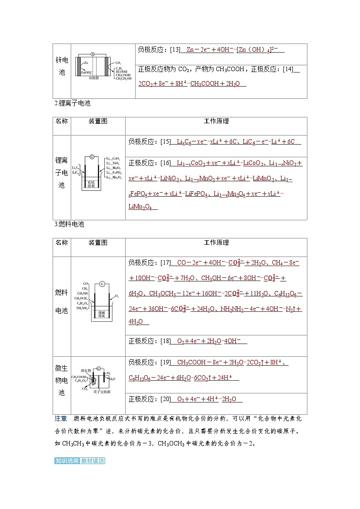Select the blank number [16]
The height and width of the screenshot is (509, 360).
[x=165, y=163]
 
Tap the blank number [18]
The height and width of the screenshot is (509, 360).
[x=165, y=341]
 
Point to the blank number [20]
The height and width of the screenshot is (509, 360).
[x=165, y=399]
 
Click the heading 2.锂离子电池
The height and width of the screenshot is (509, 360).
[x=72, y=103]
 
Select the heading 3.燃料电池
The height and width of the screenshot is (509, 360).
[x=69, y=224]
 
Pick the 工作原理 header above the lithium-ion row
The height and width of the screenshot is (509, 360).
[x=216, y=121]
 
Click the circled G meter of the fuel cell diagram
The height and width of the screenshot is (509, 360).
[x=102, y=284]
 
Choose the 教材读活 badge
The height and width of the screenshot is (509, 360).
[x=93, y=461]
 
